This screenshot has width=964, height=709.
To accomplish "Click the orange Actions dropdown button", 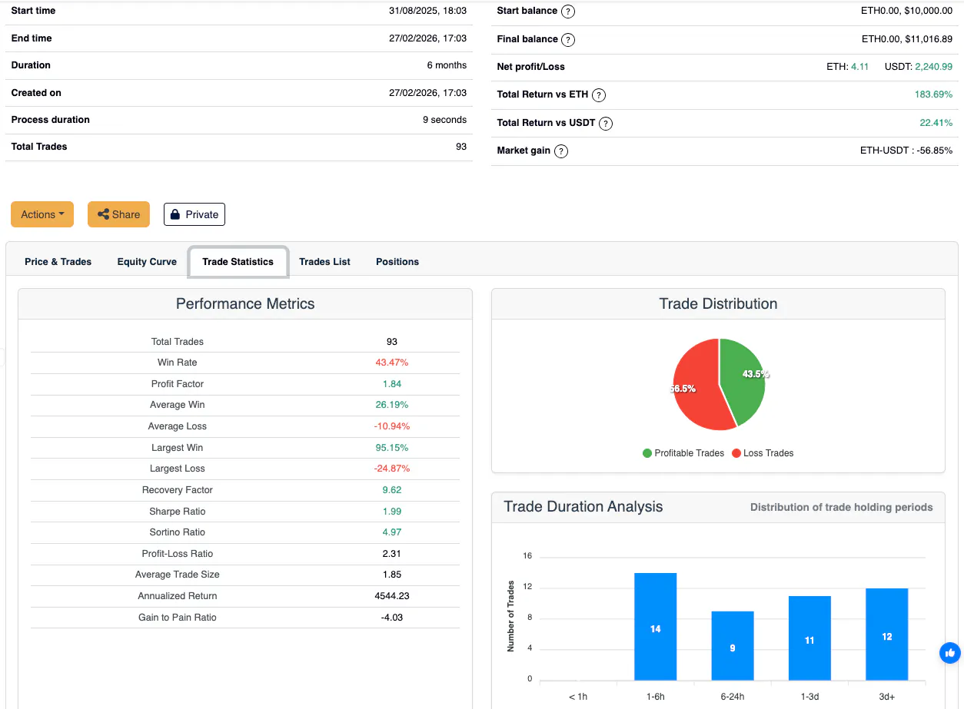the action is click(x=42, y=214).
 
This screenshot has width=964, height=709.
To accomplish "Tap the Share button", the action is click(x=119, y=214).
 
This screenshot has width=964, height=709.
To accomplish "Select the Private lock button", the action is click(x=194, y=214).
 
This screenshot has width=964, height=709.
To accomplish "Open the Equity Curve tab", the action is click(x=147, y=261).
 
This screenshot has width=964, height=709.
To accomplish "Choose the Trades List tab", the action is click(x=324, y=261).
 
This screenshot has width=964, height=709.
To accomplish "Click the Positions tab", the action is click(x=397, y=261).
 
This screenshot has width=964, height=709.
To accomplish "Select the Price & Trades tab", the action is click(x=58, y=261).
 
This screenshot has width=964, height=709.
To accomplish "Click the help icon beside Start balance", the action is click(x=568, y=12).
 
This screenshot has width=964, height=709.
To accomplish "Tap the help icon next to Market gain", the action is click(x=561, y=151).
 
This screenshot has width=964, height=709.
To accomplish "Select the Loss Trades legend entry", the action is click(x=763, y=453).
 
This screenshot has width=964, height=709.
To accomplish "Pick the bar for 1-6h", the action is click(x=656, y=627).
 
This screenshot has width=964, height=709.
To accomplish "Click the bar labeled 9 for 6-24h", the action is click(x=733, y=646).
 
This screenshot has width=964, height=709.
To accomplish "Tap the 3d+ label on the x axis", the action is click(x=886, y=697).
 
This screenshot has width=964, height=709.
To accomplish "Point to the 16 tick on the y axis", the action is click(x=527, y=555).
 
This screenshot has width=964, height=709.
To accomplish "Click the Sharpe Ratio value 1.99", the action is click(x=391, y=512).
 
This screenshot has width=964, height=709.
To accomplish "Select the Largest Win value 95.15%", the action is click(x=391, y=448).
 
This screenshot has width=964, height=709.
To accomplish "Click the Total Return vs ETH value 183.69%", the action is click(x=933, y=94).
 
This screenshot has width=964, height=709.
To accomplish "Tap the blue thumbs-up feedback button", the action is click(x=950, y=653).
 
